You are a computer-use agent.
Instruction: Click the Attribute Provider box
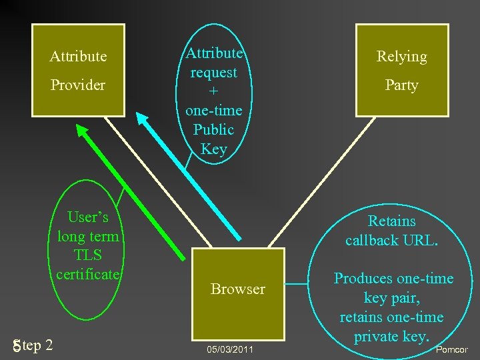point(78,70)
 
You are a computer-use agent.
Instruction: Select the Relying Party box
point(401,70)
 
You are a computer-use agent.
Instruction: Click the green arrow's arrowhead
point(83,133)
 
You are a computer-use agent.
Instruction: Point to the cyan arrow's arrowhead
point(142,120)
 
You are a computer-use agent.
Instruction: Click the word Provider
point(78,85)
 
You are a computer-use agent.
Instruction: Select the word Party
point(401,85)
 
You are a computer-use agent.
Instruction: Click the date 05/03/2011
point(230,349)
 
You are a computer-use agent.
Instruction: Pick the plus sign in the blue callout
point(213,91)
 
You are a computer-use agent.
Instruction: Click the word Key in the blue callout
point(213,149)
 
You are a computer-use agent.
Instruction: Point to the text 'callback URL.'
point(392,240)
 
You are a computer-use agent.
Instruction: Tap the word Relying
point(401,57)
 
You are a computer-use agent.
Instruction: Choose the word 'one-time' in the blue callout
point(213,110)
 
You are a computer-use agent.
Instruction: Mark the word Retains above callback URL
point(392,221)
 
